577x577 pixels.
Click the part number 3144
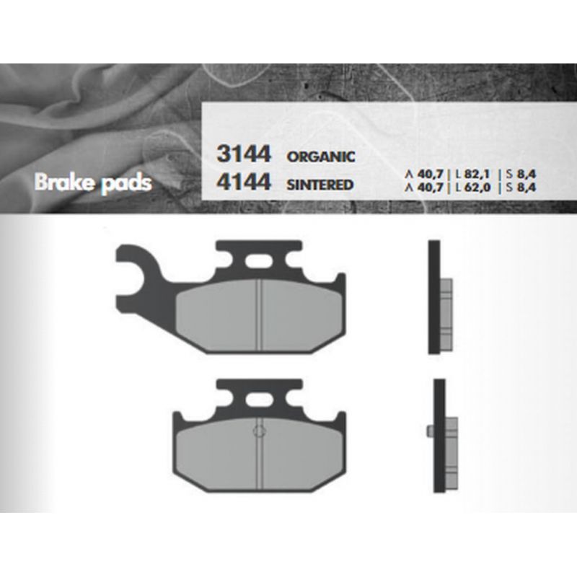(244, 154)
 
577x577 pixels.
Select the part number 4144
(244, 182)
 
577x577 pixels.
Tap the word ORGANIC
(321, 157)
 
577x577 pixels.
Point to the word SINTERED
(320, 185)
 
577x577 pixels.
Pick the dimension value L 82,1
(472, 174)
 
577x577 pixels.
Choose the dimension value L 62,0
(473, 188)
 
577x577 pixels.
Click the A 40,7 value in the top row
(424, 174)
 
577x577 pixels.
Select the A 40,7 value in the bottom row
(424, 188)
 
